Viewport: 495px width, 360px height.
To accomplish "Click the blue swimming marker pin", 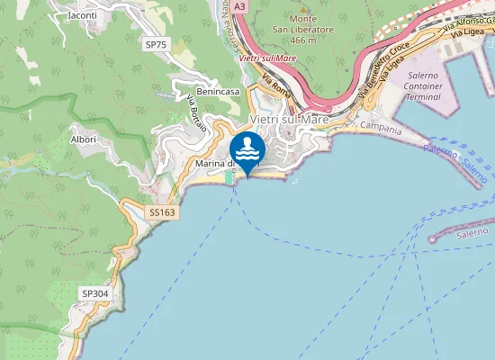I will point(246,148).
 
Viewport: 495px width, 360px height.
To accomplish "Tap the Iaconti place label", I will point(82,15).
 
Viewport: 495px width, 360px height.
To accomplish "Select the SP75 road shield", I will point(157,44).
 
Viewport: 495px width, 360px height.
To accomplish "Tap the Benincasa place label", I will point(218,92).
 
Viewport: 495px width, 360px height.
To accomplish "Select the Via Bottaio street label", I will point(196,115).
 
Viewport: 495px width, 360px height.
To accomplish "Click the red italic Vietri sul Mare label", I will point(268,58).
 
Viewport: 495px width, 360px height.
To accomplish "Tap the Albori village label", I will point(84,139).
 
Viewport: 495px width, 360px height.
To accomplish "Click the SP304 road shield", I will point(94,293).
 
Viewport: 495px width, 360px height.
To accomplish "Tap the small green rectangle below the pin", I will point(230,178).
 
